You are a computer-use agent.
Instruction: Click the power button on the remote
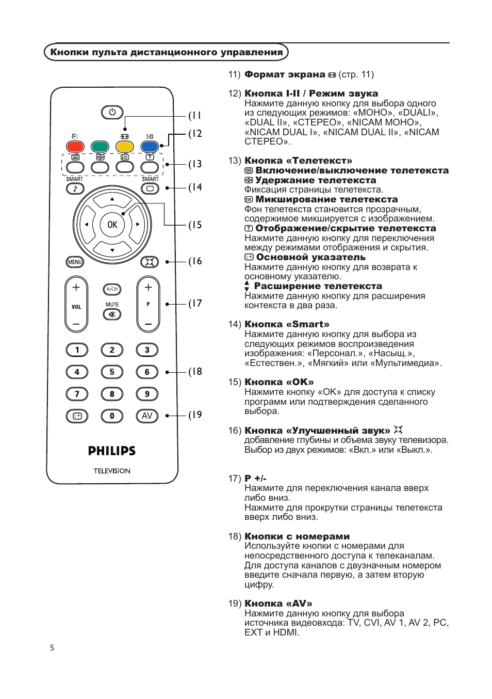[112, 112]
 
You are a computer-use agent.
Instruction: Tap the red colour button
[75, 147]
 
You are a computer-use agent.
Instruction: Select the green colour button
[100, 147]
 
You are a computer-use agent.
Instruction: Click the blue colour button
[150, 147]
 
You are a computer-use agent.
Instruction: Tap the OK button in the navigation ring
[112, 225]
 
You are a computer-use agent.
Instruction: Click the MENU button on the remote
[75, 262]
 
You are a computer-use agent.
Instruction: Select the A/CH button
[112, 289]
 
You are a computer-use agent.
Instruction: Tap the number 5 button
[112, 372]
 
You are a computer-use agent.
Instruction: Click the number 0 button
[112, 416]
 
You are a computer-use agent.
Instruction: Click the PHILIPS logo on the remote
[112, 451]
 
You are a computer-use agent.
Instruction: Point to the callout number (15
[195, 225]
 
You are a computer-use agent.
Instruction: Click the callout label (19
[195, 415]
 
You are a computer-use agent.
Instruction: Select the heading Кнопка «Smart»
[287, 324]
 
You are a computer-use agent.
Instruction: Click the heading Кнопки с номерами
[297, 536]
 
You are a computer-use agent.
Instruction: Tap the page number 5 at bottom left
[52, 648]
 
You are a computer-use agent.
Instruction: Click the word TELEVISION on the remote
[112, 471]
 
